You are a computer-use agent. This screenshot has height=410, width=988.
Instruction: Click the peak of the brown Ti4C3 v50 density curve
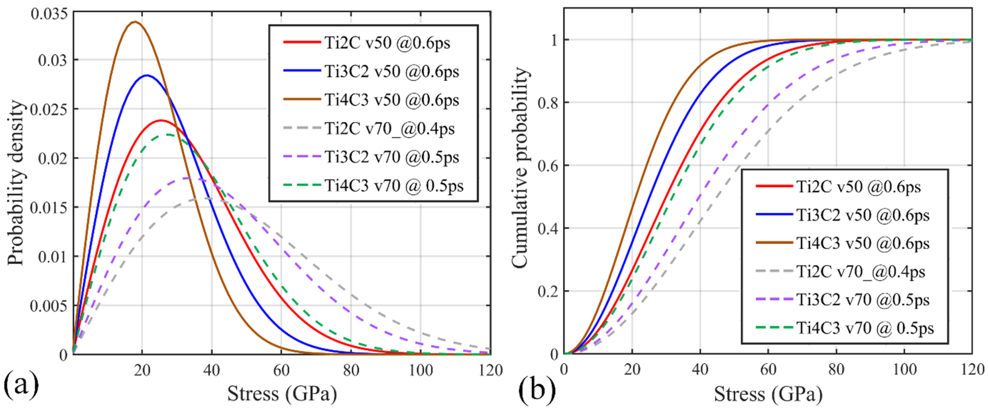(135, 22)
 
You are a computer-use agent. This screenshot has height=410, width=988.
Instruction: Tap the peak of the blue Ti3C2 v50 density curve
(147, 75)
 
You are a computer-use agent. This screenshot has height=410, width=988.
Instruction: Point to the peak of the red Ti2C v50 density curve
(161, 120)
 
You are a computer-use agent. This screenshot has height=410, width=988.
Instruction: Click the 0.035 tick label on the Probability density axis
(49, 14)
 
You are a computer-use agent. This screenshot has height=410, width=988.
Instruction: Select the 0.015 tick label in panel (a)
(49, 208)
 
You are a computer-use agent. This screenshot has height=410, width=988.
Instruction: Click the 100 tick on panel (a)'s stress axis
(421, 370)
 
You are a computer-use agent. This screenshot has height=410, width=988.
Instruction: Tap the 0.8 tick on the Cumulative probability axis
(548, 103)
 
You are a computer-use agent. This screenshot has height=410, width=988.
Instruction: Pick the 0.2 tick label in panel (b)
(548, 291)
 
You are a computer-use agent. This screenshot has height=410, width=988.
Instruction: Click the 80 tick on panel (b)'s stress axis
(836, 369)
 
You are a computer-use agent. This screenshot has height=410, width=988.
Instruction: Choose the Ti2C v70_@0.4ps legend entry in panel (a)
(389, 129)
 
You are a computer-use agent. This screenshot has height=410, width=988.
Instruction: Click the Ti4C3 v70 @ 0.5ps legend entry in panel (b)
(865, 328)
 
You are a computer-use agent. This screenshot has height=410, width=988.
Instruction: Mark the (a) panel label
(21, 384)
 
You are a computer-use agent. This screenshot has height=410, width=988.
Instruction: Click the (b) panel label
(537, 390)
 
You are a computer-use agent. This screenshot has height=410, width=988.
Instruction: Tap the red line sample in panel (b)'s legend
(774, 186)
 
